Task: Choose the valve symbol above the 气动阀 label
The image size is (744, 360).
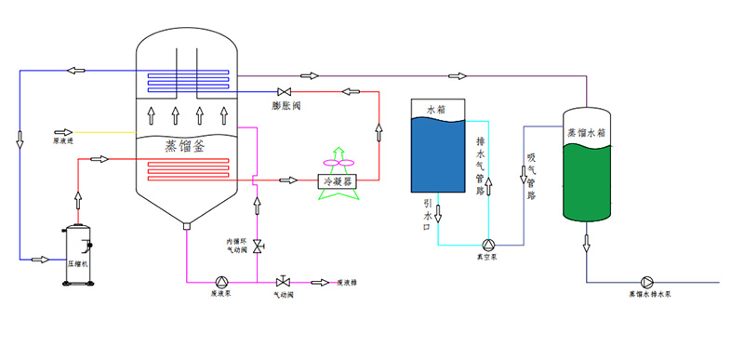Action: coord(283,282)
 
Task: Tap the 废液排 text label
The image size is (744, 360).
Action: coord(347,283)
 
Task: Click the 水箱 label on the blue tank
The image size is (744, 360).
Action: coord(437,110)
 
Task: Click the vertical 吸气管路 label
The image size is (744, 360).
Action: coord(531,177)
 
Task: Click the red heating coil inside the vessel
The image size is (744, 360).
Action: coord(186,171)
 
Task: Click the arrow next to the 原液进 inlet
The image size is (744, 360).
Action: coord(64,132)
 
